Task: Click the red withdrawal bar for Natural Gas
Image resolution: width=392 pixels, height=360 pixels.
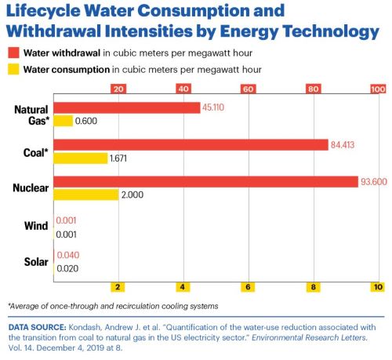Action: coord(127,107)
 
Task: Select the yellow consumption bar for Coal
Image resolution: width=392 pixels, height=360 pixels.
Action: coord(81,158)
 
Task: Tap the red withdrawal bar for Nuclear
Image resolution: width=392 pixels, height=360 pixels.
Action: coord(206,182)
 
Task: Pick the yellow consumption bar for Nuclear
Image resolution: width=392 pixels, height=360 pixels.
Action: coord(86,195)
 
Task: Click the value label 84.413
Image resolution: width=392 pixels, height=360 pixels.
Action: coord(343,145)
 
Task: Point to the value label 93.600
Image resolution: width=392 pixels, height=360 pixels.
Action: coord(374,182)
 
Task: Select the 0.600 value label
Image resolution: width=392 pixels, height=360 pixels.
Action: coord(86,121)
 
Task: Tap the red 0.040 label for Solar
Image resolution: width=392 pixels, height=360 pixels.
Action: coord(68,255)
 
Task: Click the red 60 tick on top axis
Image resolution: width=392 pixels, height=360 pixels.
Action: coord(249,89)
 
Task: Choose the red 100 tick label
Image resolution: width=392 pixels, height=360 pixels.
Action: coord(378,89)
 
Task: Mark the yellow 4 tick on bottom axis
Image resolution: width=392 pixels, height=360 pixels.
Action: coord(183,287)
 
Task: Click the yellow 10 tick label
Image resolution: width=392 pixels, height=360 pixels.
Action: coord(378,287)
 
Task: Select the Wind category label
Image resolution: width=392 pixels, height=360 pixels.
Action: coord(36,226)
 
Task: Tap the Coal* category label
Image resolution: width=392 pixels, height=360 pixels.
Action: coord(36,153)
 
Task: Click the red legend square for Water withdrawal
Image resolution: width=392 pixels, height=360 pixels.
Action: coord(13,53)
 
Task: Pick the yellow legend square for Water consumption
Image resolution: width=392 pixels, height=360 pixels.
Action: coord(13,69)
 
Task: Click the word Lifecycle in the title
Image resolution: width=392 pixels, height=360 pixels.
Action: coord(43,11)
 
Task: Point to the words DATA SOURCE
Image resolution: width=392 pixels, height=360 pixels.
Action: coord(38,327)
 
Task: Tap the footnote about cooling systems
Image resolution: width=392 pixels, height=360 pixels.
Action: coord(113,306)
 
